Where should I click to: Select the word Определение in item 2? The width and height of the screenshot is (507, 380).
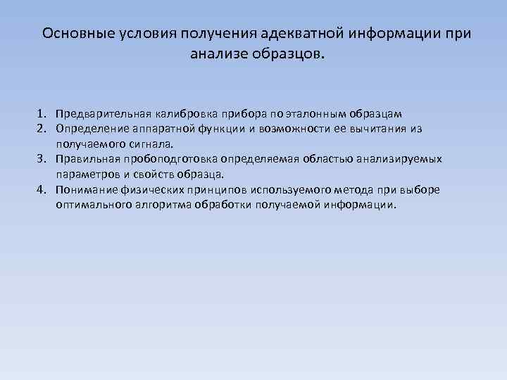click(x=90, y=129)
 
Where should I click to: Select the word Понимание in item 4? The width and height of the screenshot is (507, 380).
click(x=87, y=189)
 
